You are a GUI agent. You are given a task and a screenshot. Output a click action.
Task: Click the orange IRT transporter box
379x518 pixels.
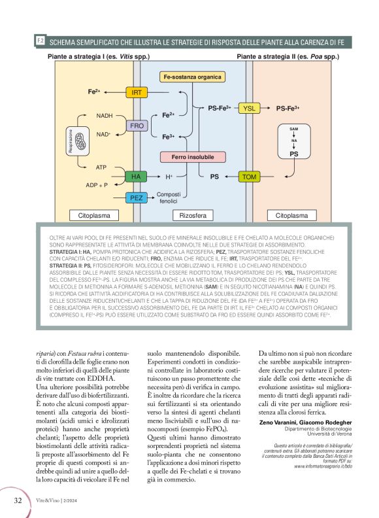coord(137,93)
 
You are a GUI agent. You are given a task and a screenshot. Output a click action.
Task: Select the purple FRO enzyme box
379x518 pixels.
coord(137,125)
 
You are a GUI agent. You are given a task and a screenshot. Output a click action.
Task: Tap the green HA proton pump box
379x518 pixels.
coord(136,177)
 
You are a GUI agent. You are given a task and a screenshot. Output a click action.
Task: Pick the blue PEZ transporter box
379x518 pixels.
coord(137,198)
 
